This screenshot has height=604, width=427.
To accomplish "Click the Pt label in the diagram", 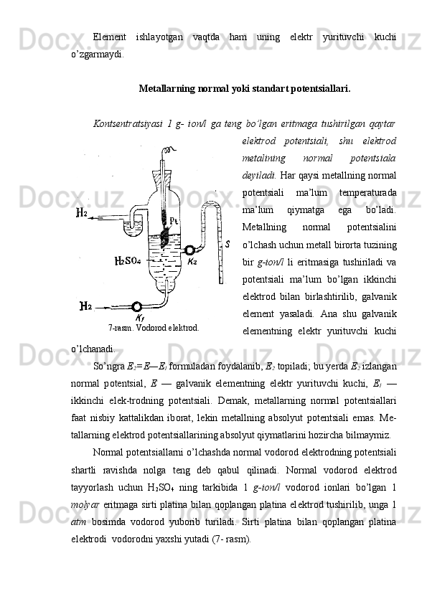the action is tap(173, 221).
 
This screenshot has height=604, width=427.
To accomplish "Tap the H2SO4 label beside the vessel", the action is tap(128, 261).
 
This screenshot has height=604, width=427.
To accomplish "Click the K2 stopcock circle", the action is tap(189, 250).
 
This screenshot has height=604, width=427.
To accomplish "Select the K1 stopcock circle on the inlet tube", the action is tap(136, 306).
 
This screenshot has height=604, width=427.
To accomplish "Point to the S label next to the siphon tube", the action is tap(227, 244).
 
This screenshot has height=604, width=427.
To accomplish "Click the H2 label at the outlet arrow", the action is tap(81, 212).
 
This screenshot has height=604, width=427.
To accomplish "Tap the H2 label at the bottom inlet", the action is tap(85, 306).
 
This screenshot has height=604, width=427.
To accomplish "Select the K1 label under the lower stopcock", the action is tap(140, 318).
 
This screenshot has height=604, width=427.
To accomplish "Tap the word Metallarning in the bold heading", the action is tap(167, 89).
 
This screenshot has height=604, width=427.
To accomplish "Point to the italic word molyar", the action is tap(85, 505).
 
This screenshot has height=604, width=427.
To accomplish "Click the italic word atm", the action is tap(79, 522).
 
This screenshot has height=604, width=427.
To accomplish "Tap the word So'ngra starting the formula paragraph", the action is tap(109, 367).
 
